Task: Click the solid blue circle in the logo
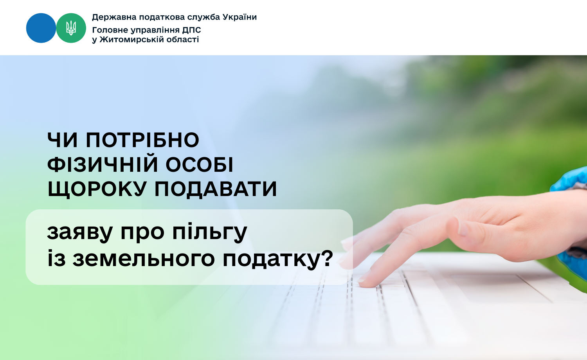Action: [41, 28]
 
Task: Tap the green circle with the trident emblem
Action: [71, 28]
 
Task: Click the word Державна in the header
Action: [114, 17]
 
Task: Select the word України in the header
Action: [239, 17]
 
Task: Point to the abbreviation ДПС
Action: [192, 30]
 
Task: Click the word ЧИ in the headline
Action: [62, 140]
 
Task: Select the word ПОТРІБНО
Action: [142, 140]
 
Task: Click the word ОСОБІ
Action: [199, 165]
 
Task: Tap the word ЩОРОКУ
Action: [97, 189]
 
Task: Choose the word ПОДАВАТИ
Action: [215, 189]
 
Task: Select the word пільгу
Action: [210, 232]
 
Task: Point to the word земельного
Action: [144, 259]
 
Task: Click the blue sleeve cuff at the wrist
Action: [571, 181]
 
